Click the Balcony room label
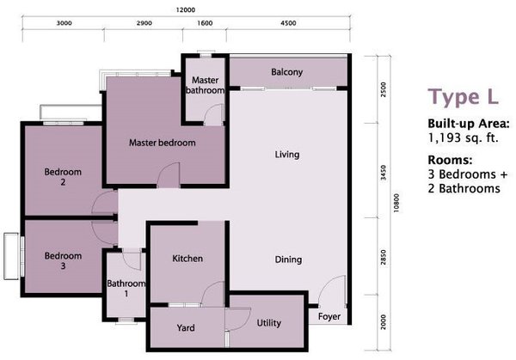(286, 72)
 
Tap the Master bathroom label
(205, 85)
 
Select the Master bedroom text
(163, 143)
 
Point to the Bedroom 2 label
(63, 176)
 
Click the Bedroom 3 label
(63, 260)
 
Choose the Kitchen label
(187, 259)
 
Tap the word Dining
(288, 259)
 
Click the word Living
(287, 155)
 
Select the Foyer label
(329, 316)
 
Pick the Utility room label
(269, 323)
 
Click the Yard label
(186, 328)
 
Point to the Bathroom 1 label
(126, 289)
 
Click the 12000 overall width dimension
(185, 10)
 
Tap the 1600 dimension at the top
(205, 23)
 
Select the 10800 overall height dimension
(396, 203)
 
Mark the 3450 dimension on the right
(383, 173)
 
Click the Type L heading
(463, 97)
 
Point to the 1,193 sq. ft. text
(463, 137)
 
